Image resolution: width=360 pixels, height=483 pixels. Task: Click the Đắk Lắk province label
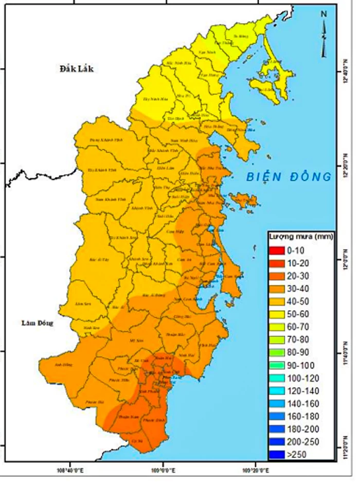[x=76, y=69]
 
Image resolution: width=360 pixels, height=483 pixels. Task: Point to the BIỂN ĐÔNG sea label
[x=287, y=177]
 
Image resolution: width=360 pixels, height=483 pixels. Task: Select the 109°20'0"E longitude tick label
[x=257, y=469]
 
